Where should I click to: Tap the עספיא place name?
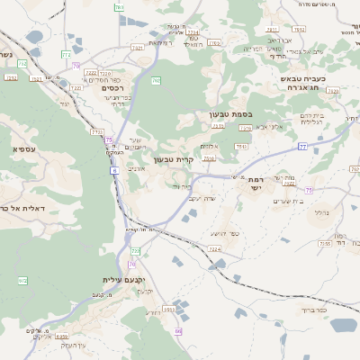[x=24, y=148]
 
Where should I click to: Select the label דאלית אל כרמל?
[x=18, y=208]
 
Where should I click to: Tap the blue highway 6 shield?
[x=115, y=170]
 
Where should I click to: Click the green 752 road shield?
[x=96, y=132]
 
